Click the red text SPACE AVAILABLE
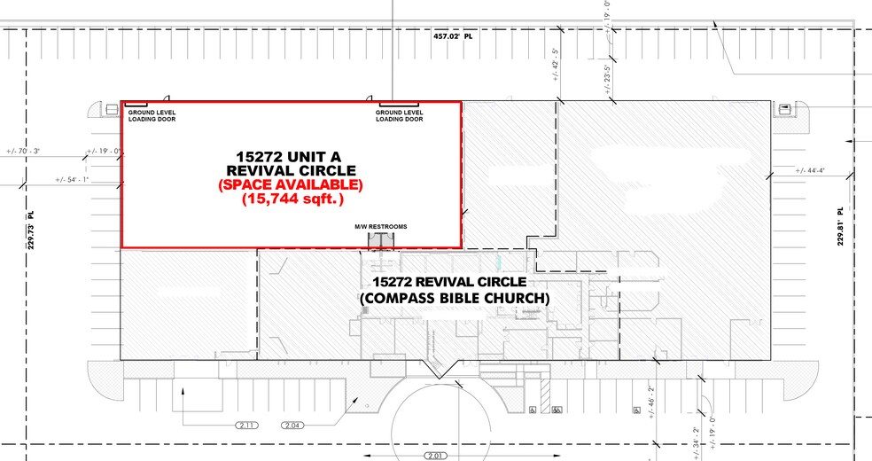pos(291,185)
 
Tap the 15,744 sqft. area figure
pos(291,200)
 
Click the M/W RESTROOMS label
pos(381,227)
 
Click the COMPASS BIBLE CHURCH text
pos(455,299)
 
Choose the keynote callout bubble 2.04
pos(294,426)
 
